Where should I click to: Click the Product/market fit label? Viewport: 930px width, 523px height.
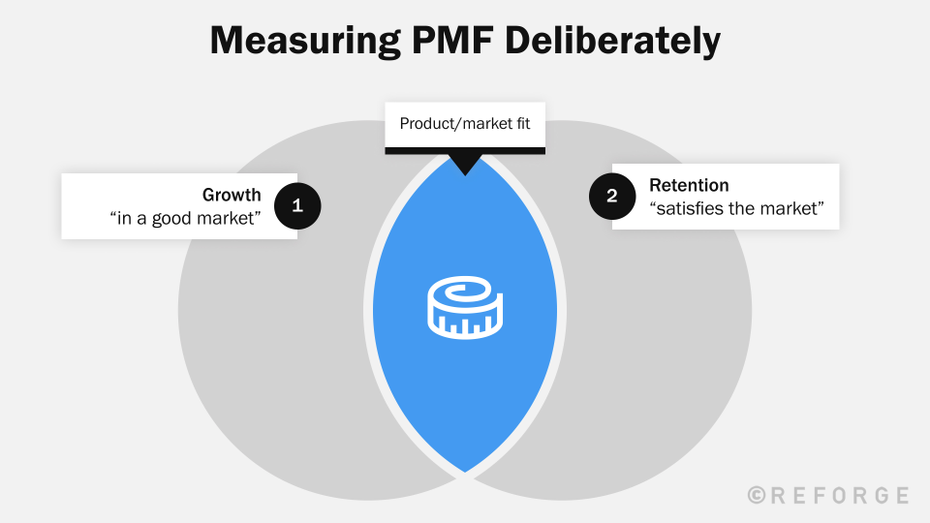coord(465,124)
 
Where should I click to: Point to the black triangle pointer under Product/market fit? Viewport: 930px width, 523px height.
coord(465,164)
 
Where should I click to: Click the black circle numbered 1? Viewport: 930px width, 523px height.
coord(297,205)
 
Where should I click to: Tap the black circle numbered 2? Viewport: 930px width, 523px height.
coord(612,196)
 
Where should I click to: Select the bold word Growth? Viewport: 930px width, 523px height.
coord(232,195)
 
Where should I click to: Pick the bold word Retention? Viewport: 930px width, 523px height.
coord(689,185)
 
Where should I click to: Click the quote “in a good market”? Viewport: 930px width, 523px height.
coord(186,219)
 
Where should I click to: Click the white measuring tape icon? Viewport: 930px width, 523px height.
coord(465,309)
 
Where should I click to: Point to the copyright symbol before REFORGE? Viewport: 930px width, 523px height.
coord(758,496)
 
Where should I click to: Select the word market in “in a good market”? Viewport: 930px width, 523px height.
coord(229,219)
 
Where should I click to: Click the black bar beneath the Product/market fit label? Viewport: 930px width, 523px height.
coord(465,150)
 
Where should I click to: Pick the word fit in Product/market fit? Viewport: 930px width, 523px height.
coord(521,124)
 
